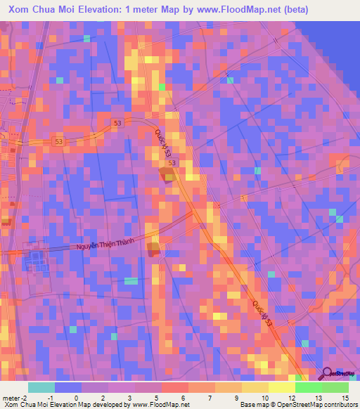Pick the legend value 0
77,398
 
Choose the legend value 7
210,398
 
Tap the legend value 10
264,398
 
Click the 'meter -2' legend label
13,398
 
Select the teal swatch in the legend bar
41,387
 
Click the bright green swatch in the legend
308,387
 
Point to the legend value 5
157,398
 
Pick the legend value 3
130,398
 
